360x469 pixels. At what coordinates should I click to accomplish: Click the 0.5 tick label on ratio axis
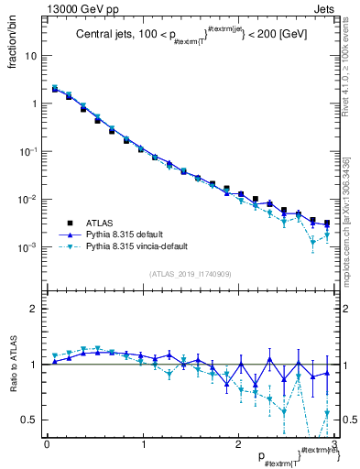[31, 420]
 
